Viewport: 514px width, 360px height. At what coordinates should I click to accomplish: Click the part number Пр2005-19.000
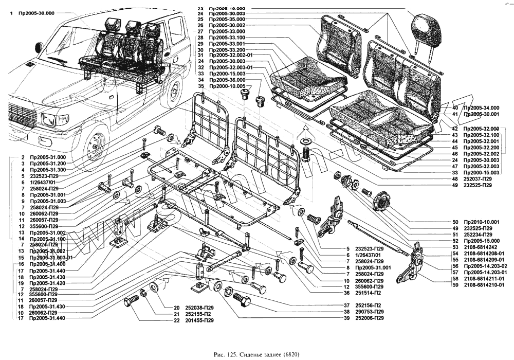click(x=228, y=9)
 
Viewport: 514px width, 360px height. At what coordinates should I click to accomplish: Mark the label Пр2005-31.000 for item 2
click(x=48, y=156)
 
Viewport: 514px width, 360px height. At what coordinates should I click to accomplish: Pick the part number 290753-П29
click(x=372, y=312)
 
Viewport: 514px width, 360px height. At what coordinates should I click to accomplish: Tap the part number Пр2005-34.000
click(x=482, y=108)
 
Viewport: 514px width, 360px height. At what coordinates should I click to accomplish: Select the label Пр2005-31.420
click(x=48, y=283)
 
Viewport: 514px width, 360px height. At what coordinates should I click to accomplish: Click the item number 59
click(x=455, y=284)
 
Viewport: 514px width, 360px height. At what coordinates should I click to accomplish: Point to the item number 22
click(x=177, y=320)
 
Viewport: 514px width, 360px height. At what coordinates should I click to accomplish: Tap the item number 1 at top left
click(x=11, y=13)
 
